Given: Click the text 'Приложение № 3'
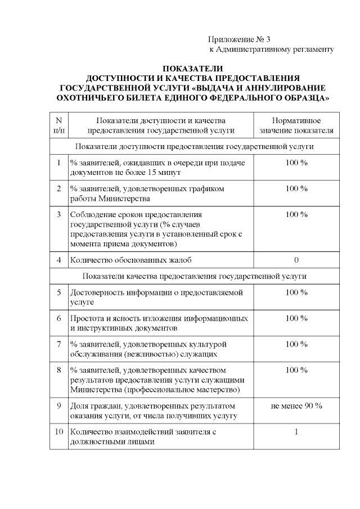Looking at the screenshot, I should coord(239,39).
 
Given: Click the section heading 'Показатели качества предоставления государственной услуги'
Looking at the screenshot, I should coord(194,276).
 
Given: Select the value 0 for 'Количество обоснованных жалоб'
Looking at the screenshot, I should coord(296,260).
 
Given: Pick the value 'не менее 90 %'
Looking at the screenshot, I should coord(296,406).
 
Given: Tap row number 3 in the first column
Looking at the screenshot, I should coord(58,214).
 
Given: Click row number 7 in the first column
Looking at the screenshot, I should coord(58,344).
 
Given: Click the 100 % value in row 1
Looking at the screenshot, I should coord(296,163).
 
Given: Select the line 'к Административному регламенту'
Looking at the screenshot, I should coord(271,49).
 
